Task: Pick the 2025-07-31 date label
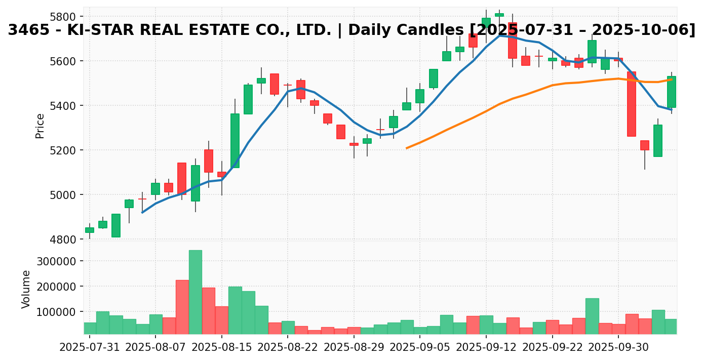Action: pyautogui.click(x=90, y=348)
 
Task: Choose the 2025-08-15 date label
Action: pyautogui.click(x=222, y=348)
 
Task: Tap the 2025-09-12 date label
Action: pyautogui.click(x=486, y=348)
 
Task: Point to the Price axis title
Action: pyautogui.click(x=40, y=126)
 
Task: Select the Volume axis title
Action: pyautogui.click(x=26, y=289)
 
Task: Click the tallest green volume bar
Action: pyautogui.click(x=196, y=292)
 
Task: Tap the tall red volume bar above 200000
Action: pyautogui.click(x=182, y=306)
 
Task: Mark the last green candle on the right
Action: pyautogui.click(x=672, y=92)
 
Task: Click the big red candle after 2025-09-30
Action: pyautogui.click(x=632, y=104)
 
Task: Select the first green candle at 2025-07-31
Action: pyautogui.click(x=90, y=230)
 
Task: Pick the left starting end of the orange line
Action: pyautogui.click(x=407, y=148)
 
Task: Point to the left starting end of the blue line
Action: pyautogui.click(x=142, y=213)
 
